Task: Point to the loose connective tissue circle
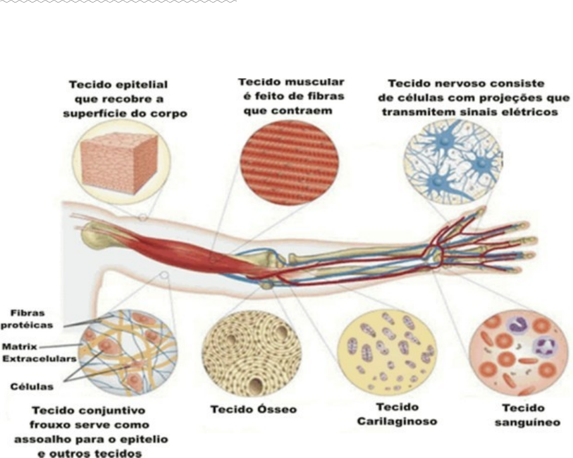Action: tap(126, 349)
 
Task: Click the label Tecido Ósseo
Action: tap(252, 409)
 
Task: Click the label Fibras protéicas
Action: tap(27, 319)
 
